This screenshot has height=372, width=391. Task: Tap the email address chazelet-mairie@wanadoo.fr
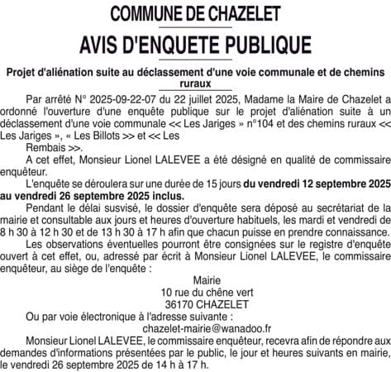coord(195,331)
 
